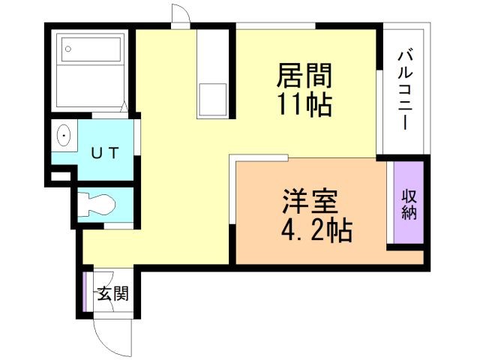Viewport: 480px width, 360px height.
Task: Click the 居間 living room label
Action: coord(304,76)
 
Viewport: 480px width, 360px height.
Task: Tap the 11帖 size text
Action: coord(304,104)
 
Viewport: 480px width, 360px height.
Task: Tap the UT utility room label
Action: coord(104,152)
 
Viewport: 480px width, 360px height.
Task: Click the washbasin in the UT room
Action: coord(64,137)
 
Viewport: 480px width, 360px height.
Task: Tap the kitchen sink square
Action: coord(212,100)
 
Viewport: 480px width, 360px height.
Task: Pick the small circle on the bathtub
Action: coord(68,49)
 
